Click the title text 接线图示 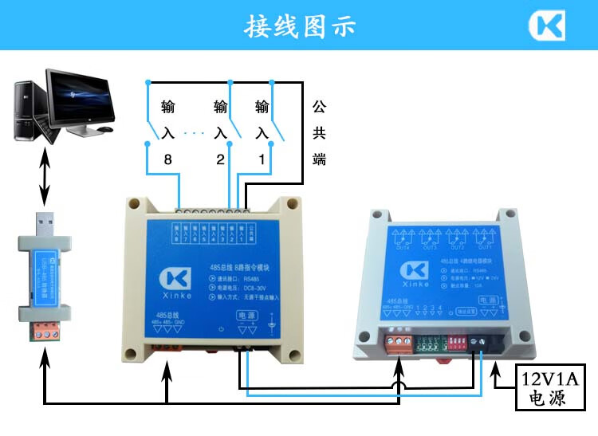point(299,26)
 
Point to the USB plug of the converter point(45,225)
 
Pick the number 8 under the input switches point(167,160)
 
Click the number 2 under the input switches point(220,160)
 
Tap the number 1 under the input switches point(261,160)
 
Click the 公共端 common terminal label point(319,132)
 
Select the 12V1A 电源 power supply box point(548,387)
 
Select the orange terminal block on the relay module point(395,341)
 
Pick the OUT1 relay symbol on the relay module point(486,237)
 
